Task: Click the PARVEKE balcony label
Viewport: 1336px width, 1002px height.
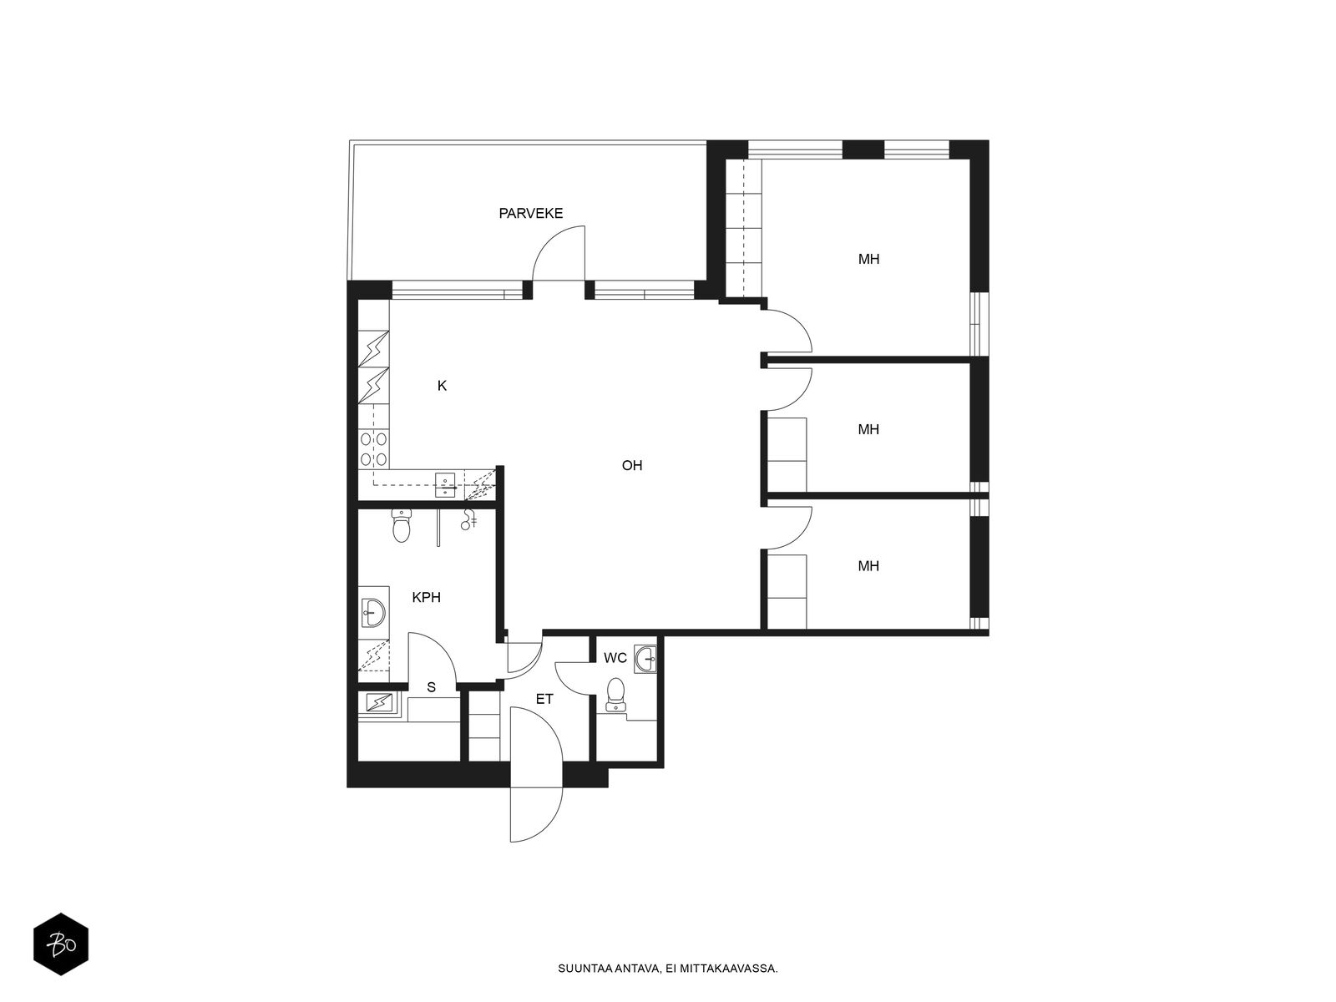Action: (x=531, y=214)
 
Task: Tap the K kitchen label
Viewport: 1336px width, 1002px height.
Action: (x=443, y=386)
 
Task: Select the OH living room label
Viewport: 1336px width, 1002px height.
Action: (x=632, y=465)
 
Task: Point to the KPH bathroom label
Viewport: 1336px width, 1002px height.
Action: (x=426, y=597)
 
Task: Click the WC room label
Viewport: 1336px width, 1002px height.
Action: (x=615, y=658)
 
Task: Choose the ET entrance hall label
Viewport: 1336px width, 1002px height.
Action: (x=544, y=700)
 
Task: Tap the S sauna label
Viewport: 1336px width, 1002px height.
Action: (x=432, y=687)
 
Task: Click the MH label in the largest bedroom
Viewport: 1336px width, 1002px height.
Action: (x=868, y=259)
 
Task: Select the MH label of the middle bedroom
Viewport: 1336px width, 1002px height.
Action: (x=868, y=429)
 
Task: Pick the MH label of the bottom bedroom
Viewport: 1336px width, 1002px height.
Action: (x=868, y=566)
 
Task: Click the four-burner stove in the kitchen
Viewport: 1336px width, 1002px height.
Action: (x=374, y=448)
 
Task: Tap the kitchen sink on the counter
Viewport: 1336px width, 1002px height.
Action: (x=448, y=485)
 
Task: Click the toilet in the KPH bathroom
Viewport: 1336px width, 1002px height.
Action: (x=402, y=526)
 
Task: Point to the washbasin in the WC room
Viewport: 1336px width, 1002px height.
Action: (x=645, y=659)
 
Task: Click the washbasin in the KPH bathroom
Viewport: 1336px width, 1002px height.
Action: (x=372, y=611)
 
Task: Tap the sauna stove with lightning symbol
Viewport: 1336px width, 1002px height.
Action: (x=379, y=703)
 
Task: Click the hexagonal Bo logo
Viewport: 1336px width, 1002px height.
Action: (x=61, y=945)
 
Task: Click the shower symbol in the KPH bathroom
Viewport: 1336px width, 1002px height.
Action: (x=469, y=519)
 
